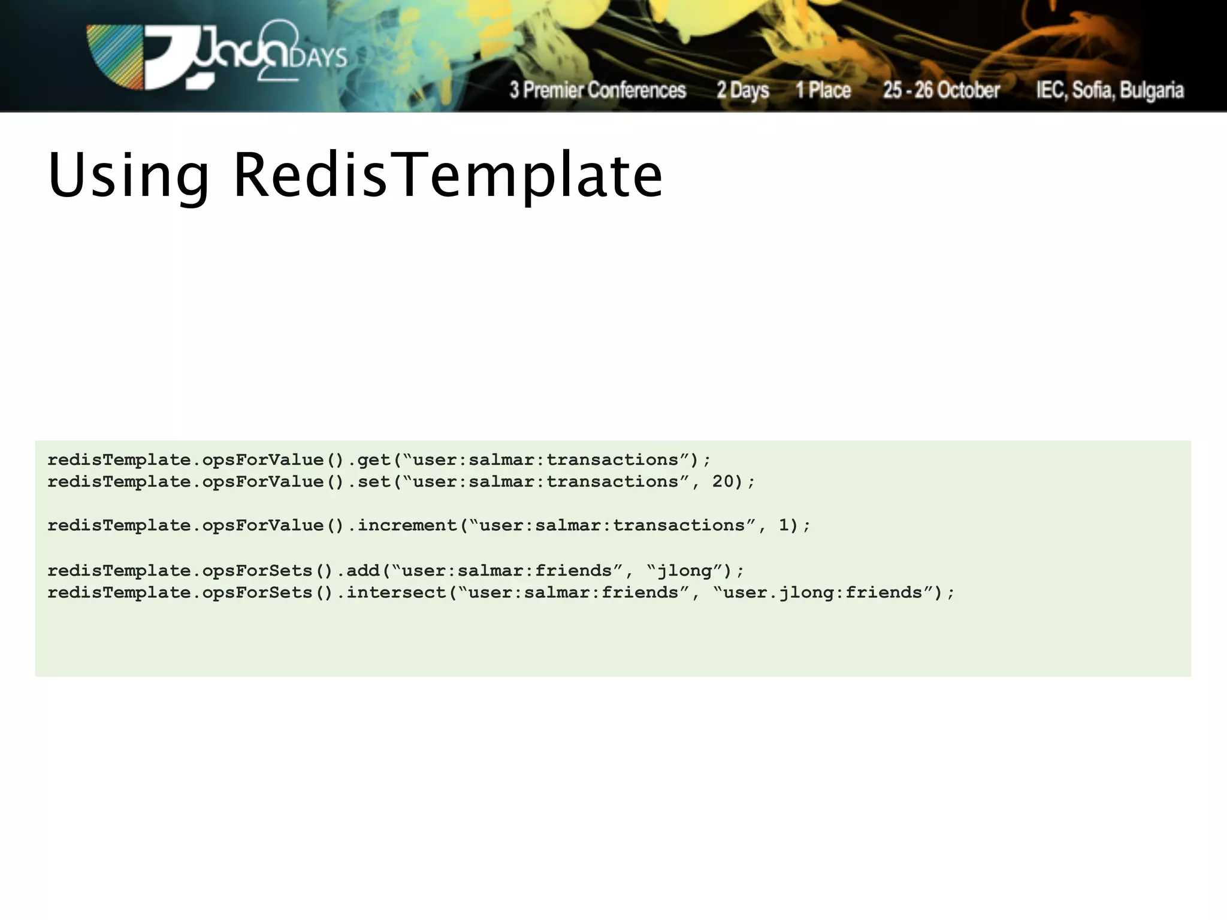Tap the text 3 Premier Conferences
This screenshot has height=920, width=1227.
coord(597,90)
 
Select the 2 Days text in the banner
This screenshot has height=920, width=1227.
coord(743,90)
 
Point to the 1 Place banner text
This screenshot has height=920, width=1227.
coord(823,90)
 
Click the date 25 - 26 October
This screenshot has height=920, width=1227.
coord(941,90)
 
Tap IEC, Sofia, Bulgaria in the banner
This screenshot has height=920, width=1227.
coord(1110,90)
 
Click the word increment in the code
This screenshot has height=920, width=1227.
coord(407,525)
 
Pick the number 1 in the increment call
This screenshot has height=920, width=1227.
coord(784,525)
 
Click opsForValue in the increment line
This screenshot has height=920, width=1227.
coord(263,525)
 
